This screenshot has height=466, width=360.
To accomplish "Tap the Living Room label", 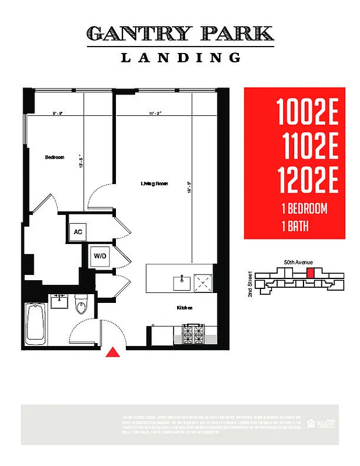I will point(154,183).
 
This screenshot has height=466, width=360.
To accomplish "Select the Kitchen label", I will point(185,308).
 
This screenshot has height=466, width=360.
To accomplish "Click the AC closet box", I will point(78,231).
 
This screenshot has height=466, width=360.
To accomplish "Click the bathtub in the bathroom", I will point(36,323).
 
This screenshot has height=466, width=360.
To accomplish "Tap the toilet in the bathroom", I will point(81,305).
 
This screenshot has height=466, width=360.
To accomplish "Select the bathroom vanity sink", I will point(59,302).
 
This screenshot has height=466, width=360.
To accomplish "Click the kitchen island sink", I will point(182,283).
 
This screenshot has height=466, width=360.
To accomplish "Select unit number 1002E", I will point(307,112).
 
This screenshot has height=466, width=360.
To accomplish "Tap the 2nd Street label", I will point(250,284).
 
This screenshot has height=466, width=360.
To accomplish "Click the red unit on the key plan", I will point(310,273).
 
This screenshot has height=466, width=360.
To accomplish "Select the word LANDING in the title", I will point(181,58).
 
